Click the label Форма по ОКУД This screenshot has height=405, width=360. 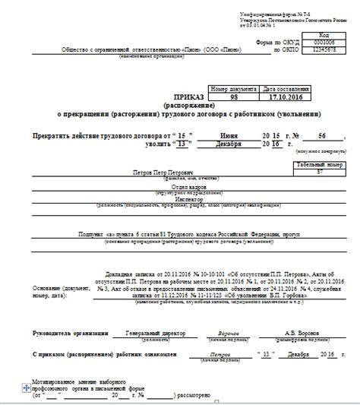(x=260, y=43)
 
